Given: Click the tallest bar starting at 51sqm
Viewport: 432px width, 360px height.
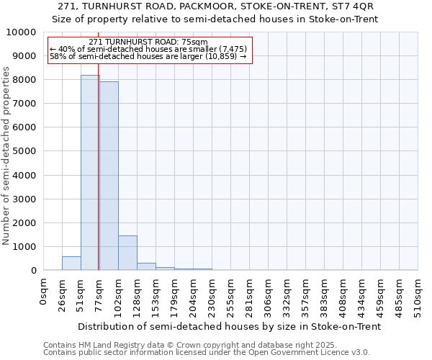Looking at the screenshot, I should pyautogui.click(x=90, y=173).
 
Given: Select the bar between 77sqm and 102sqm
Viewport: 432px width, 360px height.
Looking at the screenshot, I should pyautogui.click(x=109, y=176).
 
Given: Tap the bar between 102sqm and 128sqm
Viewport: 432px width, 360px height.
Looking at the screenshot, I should pyautogui.click(x=127, y=253).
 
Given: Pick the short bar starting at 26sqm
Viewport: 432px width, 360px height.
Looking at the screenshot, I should pyautogui.click(x=71, y=264).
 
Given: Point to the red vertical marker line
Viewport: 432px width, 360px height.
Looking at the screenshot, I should pyautogui.click(x=98, y=144).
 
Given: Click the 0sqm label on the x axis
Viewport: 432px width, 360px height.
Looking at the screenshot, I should pyautogui.click(x=44, y=292).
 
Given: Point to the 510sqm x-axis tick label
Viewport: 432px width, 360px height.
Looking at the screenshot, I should pyautogui.click(x=418, y=296).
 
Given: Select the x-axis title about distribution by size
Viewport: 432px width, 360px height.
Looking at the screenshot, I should pyautogui.click(x=229, y=326).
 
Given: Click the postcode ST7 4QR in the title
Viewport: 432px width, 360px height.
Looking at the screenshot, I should pyautogui.click(x=351, y=6).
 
